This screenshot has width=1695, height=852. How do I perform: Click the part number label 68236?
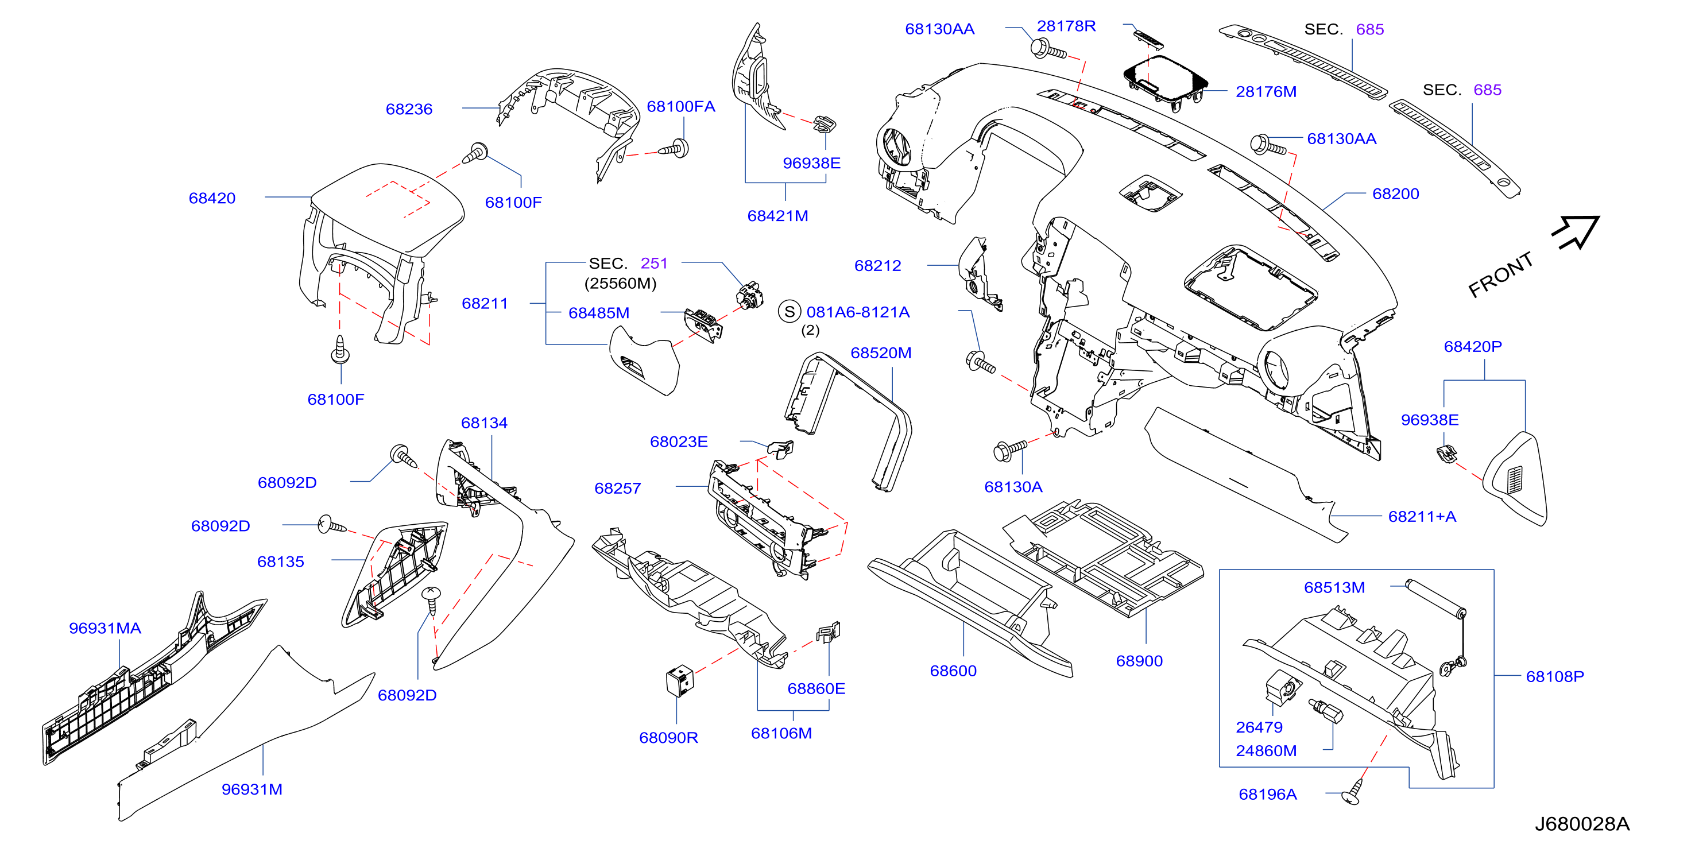[x=409, y=109]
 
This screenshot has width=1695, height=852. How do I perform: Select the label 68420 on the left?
[x=212, y=198]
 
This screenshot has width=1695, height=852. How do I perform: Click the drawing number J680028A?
[x=1582, y=824]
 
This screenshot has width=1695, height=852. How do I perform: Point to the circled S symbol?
[x=789, y=312]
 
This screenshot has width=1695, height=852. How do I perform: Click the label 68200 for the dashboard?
[x=1396, y=194]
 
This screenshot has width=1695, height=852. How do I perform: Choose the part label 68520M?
[x=880, y=353]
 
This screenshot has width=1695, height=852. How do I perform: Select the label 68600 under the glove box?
[x=953, y=671]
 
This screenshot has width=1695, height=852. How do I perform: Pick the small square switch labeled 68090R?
[x=680, y=680]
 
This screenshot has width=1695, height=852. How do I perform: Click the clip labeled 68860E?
[x=829, y=632]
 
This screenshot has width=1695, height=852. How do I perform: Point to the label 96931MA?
[x=105, y=628]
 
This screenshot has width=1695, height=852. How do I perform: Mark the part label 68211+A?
[x=1422, y=517]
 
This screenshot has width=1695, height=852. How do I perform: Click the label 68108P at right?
[x=1555, y=676]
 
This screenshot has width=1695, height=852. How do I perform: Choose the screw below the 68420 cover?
[x=339, y=350]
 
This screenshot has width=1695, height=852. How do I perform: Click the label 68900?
[x=1139, y=661]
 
